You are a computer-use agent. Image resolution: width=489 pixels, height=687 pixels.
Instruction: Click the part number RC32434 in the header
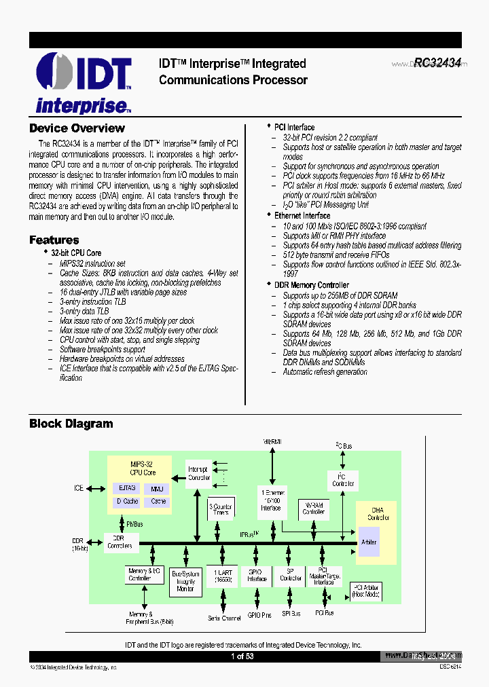tap(437, 63)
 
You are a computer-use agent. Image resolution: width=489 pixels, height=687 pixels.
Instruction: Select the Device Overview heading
tap(77, 128)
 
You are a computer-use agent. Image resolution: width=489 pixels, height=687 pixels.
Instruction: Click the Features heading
tap(54, 240)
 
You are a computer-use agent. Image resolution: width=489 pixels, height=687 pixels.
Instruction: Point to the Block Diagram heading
tap(71, 424)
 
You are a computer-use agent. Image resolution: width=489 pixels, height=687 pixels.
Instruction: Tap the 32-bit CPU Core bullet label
tap(76, 253)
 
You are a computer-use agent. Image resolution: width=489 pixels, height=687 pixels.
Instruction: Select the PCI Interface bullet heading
tap(294, 127)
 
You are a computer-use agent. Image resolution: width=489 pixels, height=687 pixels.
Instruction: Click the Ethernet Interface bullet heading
tap(302, 215)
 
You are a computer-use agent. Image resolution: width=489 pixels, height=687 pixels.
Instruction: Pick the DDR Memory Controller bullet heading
tap(311, 285)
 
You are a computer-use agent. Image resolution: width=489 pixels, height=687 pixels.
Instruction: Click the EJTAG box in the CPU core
tap(127, 488)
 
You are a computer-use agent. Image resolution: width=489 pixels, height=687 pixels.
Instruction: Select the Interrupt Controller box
tap(198, 473)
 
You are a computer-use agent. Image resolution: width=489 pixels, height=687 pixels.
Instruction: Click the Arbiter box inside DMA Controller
tap(369, 542)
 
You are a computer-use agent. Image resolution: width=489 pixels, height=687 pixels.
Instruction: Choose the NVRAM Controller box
tap(313, 508)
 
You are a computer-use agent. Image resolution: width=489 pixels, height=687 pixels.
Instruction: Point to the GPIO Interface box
tap(257, 576)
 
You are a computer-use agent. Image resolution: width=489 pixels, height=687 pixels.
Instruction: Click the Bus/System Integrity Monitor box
tap(185, 581)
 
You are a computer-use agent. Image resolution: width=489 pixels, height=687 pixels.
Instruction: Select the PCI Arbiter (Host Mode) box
tap(365, 591)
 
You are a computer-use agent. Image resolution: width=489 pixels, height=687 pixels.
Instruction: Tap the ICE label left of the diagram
tap(79, 488)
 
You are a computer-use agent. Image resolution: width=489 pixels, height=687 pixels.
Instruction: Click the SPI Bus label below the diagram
tap(291, 614)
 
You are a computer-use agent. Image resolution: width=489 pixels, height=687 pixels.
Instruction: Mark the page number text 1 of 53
tap(242, 656)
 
